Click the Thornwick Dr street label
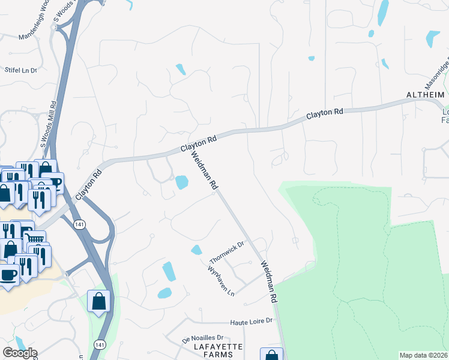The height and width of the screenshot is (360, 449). [x=228, y=253]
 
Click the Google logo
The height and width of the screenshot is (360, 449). [x=20, y=353]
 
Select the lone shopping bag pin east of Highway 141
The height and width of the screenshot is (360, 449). [x=98, y=301]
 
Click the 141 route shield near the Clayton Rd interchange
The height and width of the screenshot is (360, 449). [x=79, y=224]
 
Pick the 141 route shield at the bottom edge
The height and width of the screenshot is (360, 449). [x=99, y=344]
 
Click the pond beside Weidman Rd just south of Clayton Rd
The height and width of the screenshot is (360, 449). [x=181, y=181]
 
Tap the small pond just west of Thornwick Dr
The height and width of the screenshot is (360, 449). [x=196, y=250]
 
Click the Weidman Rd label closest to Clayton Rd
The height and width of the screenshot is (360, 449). [x=203, y=171]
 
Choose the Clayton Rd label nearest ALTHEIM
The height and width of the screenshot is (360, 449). [x=325, y=113]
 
